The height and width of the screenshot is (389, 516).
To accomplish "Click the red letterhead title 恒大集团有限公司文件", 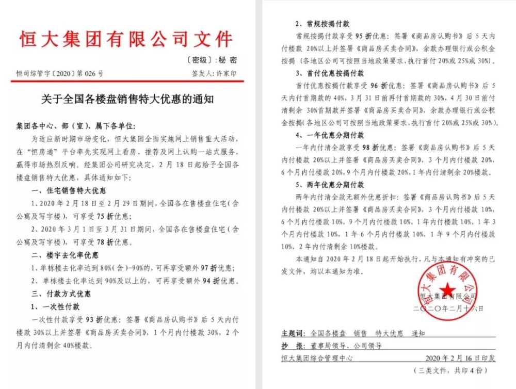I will pos(126,40).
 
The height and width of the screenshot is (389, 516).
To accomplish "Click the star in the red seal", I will pos(447,289).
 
